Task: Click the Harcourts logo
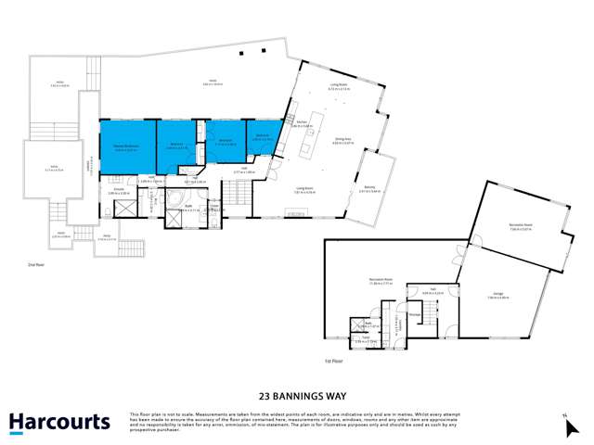(59, 423)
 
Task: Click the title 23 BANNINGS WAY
(297, 392)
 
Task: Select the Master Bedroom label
(126, 146)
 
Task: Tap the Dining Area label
(343, 140)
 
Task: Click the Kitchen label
(302, 122)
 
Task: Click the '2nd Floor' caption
(37, 264)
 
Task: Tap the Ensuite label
(119, 191)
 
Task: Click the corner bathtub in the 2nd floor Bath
(174, 201)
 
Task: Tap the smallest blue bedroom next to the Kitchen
(264, 138)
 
